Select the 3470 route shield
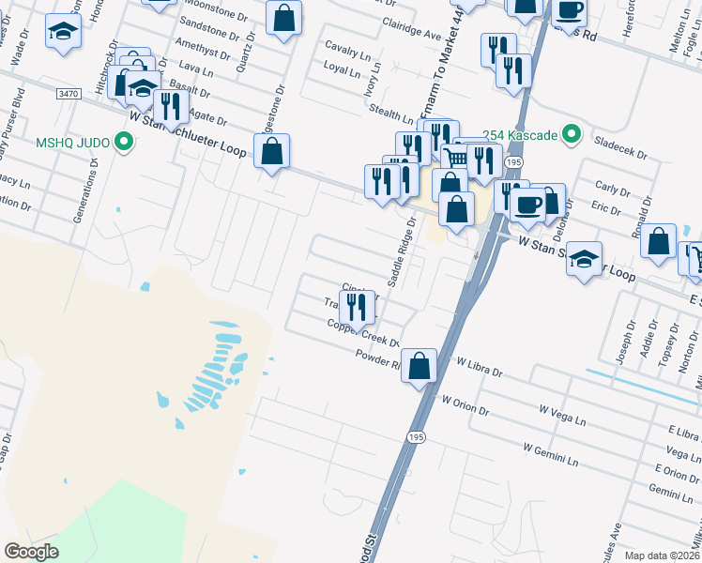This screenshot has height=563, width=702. pos(68,94)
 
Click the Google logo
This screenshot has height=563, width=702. pos(31,551)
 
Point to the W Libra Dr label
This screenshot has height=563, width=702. pos(479,367)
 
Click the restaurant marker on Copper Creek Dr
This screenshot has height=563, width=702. pos(358,306)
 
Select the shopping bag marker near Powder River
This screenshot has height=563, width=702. pos(420,365)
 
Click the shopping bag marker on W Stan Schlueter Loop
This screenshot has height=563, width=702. pos(271,151)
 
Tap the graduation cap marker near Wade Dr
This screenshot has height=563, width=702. pos(64,32)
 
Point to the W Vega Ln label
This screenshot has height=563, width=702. pos(562,409)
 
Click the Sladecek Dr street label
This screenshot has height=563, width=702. pos(622,146)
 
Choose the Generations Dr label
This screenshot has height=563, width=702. pos(85,189)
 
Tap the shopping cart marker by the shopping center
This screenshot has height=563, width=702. pos(453,158)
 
